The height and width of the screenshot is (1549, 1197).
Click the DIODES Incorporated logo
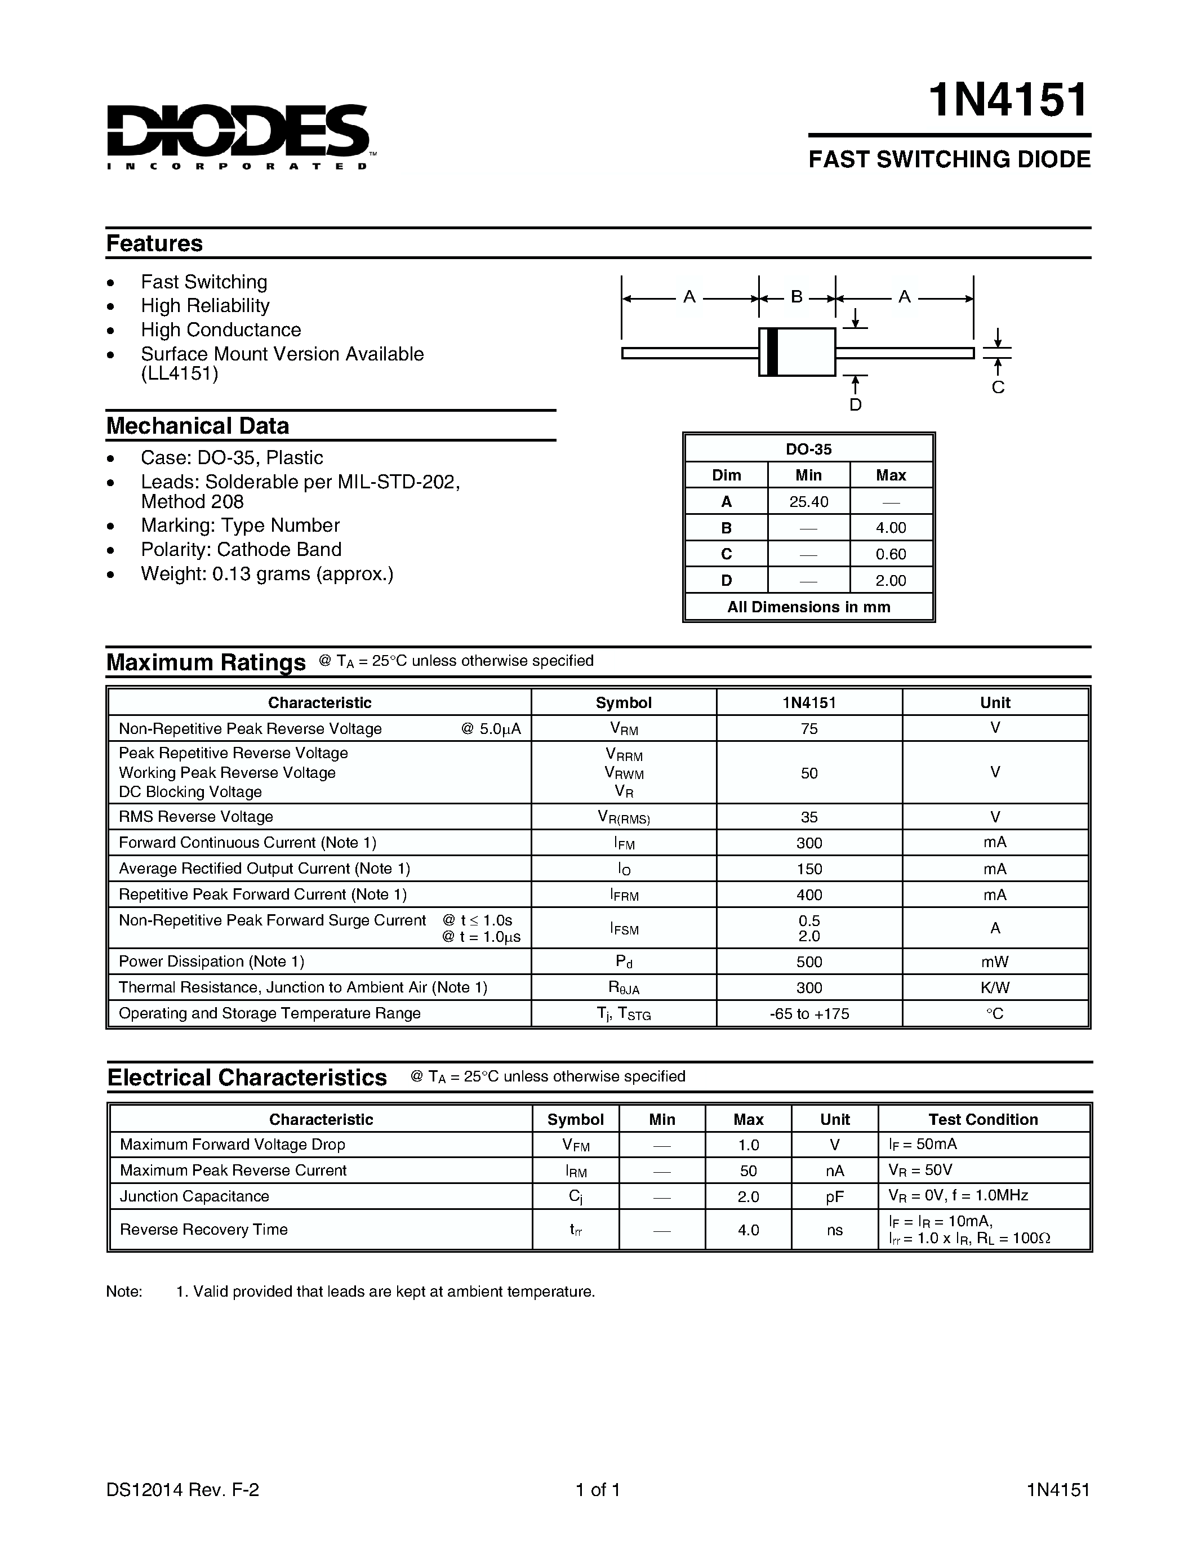point(238,135)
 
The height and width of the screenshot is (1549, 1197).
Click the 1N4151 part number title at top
point(1008,100)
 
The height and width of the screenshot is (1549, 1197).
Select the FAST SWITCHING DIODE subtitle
point(949,159)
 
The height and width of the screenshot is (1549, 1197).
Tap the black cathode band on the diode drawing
point(772,352)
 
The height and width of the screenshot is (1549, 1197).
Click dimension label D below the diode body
point(855,405)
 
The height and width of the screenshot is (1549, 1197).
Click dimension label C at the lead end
point(998,388)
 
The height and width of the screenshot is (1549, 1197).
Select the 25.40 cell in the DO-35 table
point(808,501)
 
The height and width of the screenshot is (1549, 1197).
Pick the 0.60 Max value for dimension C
point(891,554)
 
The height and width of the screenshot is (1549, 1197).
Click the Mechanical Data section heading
point(198,425)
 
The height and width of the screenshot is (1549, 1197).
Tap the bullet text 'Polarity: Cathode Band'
point(241,550)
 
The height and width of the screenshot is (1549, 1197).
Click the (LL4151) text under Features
point(179,374)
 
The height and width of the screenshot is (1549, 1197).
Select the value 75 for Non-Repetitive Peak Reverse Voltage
point(809,728)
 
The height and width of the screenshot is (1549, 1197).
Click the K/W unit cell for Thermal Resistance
point(995,987)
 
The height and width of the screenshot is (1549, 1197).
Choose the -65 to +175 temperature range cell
point(809,1013)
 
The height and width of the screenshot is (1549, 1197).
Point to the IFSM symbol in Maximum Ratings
point(624,928)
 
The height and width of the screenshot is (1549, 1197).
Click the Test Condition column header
point(983,1119)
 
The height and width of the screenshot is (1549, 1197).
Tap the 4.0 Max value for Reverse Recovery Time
point(748,1230)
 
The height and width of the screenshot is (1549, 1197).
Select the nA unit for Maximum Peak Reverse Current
point(835,1171)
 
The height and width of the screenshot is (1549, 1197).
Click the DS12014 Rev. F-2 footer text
point(183,1490)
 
